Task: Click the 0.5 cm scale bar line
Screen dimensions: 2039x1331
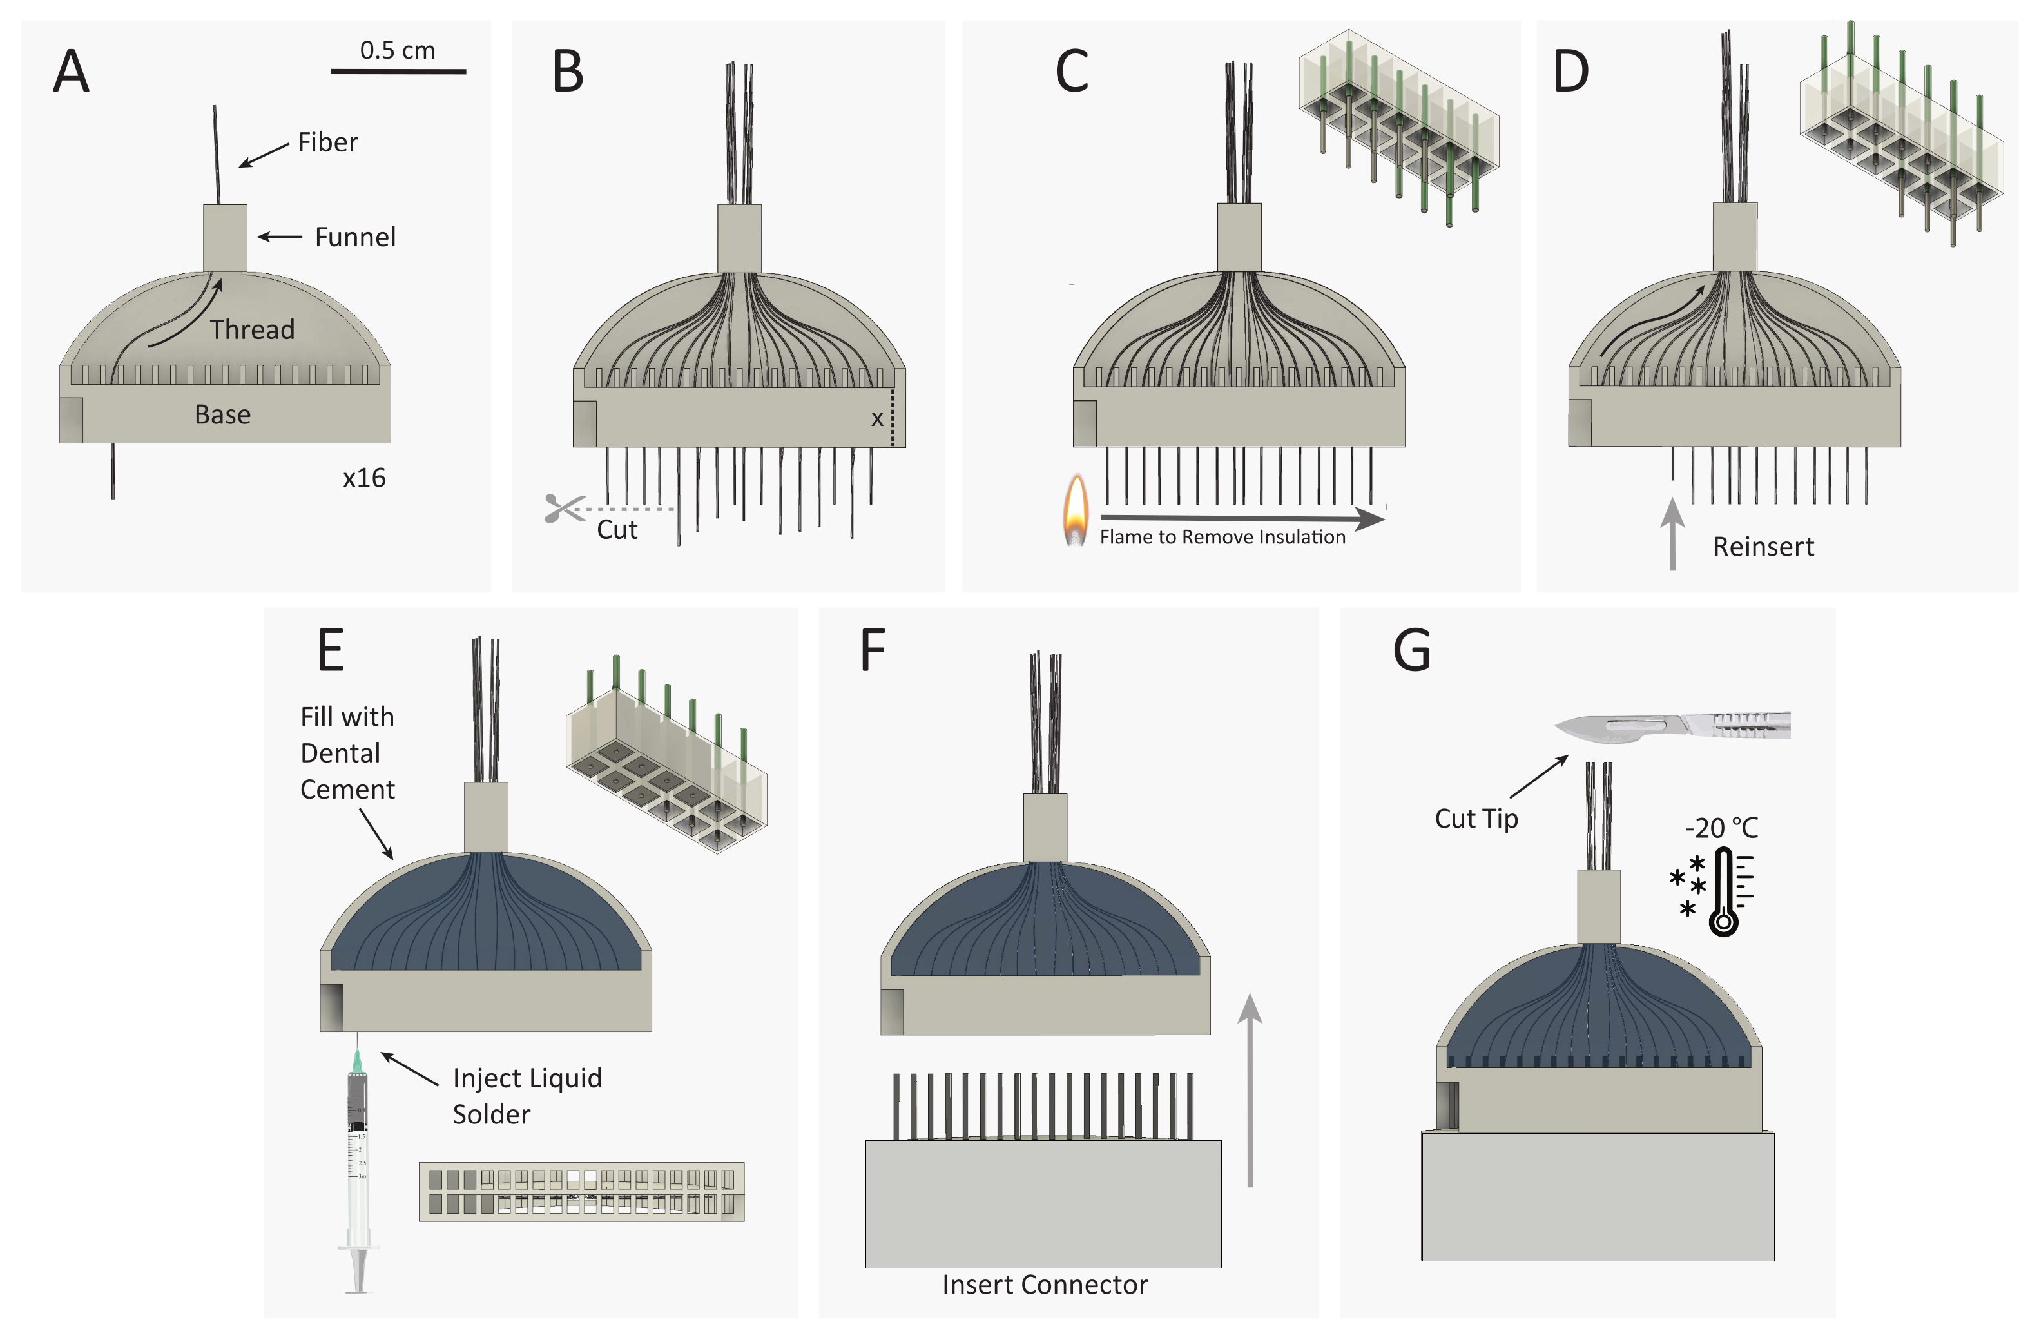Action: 398,71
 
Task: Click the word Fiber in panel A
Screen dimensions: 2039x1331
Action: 328,142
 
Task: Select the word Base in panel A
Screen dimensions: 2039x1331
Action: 223,415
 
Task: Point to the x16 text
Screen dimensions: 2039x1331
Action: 364,478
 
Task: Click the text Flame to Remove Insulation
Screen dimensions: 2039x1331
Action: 1222,538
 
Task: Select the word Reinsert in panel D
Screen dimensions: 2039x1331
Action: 1763,547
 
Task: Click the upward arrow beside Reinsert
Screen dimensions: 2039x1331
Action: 1672,534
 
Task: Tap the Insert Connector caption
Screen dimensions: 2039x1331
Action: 1045,1285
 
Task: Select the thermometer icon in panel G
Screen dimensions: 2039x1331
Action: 1724,891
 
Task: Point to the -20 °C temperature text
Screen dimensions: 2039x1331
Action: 1721,828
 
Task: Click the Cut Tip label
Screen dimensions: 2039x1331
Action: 1476,819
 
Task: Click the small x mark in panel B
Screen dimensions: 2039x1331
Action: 876,419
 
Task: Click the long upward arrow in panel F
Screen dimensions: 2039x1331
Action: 1250,1090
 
